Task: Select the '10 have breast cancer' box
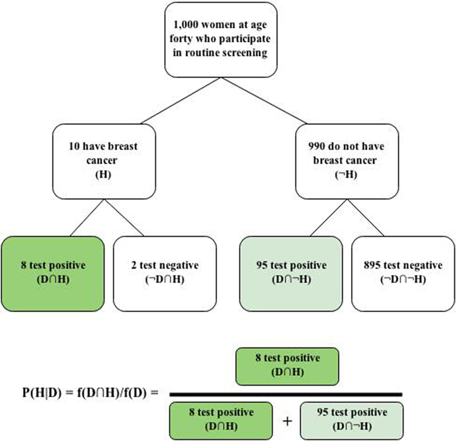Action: [104, 162]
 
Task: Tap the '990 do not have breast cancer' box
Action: [347, 162]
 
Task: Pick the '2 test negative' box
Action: [165, 273]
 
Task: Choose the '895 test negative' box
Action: [403, 273]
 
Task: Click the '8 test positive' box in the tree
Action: [53, 273]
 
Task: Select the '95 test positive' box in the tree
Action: [291, 273]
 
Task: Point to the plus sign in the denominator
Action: [287, 421]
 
